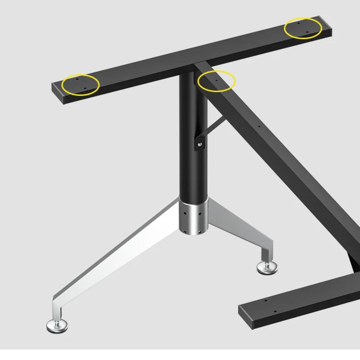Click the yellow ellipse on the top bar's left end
coord(81,84)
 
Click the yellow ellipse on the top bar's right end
coord(303,28)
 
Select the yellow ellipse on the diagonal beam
coord(216,81)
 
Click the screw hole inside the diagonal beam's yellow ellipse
coord(216,80)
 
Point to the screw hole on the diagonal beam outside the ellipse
coord(259,127)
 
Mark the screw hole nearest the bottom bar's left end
coord(265,301)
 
